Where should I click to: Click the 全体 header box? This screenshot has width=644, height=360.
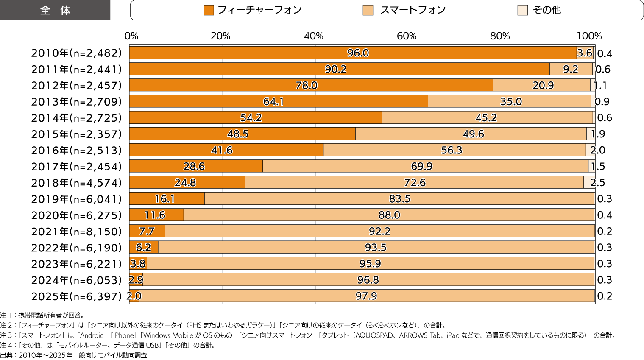55,10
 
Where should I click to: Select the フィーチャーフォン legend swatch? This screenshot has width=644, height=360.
209,10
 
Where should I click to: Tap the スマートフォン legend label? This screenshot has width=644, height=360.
413,10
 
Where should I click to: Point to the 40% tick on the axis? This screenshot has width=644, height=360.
314,36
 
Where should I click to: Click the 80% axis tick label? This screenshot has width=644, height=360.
500,36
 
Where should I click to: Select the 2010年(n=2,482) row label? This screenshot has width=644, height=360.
77,53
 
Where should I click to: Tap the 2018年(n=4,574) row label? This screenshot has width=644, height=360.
77,183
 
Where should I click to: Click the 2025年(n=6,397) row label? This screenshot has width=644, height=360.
77,296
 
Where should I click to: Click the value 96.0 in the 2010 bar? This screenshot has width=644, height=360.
358,53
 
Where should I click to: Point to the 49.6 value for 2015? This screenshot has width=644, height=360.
473,134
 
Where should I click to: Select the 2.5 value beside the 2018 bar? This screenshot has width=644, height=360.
598,183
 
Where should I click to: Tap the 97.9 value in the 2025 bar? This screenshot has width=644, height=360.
366,296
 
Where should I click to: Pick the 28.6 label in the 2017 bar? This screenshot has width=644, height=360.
194,166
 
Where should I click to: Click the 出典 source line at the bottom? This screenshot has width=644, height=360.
74,355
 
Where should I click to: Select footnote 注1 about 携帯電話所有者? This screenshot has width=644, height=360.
42,315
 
